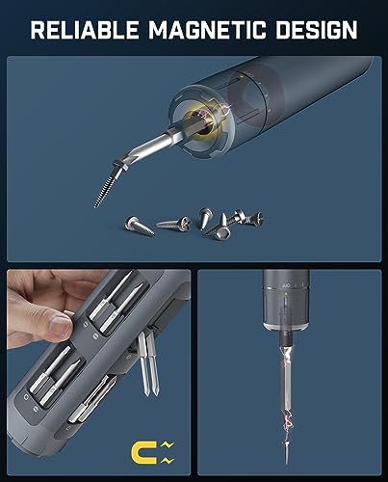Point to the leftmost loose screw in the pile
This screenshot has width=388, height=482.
(138, 225)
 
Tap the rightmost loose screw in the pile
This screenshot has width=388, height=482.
(247, 223)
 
